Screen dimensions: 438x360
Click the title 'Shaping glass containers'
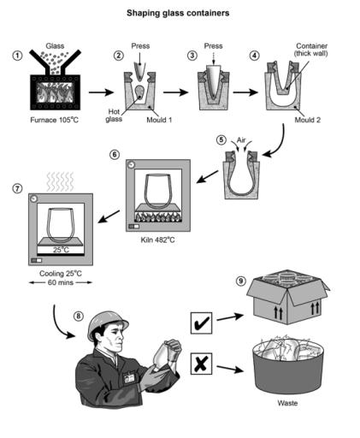(x=179, y=13)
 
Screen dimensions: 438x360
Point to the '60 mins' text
(x=56, y=283)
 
